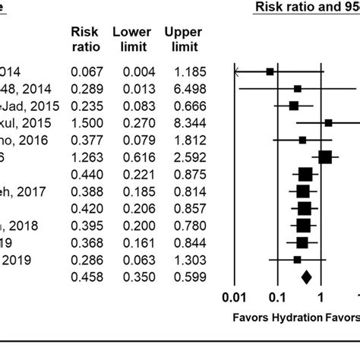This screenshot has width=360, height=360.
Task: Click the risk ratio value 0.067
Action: tap(86, 71)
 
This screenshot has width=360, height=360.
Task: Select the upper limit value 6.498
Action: tap(182, 89)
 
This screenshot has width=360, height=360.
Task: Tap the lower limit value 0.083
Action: tap(133, 106)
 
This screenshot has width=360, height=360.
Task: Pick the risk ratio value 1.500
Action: tap(86, 122)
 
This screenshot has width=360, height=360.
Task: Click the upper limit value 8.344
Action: tap(182, 122)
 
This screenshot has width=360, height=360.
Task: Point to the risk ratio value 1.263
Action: tap(86, 156)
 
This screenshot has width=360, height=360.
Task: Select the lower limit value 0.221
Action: tap(133, 173)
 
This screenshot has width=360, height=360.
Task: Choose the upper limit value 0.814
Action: tap(182, 191)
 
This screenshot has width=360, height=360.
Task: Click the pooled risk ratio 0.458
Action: tap(86, 277)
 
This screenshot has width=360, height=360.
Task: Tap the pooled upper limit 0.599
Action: tap(182, 277)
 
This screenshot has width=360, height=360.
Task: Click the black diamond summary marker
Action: tap(306, 277)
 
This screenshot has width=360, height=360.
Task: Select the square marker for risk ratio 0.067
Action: tap(270, 71)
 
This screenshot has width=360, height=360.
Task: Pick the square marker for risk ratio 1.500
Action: tap(329, 122)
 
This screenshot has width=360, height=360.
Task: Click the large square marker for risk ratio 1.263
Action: tap(325, 156)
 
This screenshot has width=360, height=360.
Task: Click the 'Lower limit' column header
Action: tap(132, 39)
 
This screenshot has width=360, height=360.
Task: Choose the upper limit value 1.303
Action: tap(182, 260)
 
